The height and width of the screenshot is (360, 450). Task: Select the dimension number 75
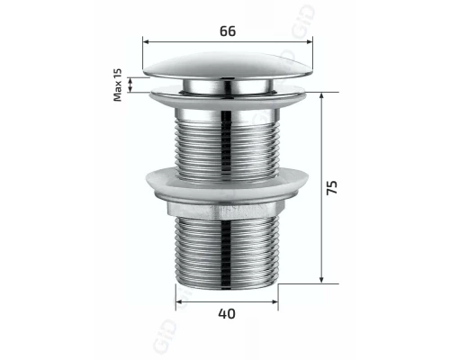(332, 188)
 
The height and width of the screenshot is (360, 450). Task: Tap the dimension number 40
(227, 314)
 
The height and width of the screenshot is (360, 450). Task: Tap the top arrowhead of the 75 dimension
(321, 94)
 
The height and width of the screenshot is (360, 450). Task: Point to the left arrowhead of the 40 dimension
(178, 301)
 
